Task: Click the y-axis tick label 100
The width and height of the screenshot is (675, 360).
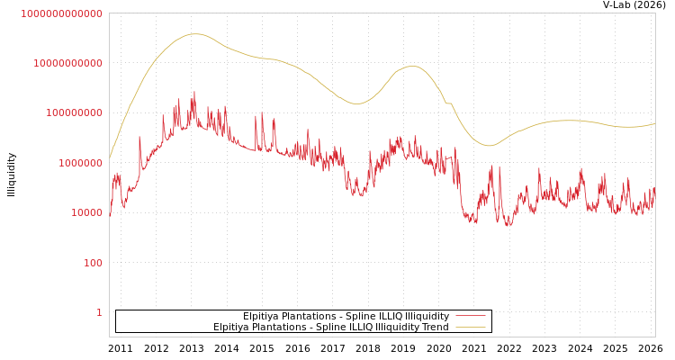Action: click(93, 263)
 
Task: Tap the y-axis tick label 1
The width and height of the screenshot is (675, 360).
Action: click(99, 312)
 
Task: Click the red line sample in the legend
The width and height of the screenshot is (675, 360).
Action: click(471, 316)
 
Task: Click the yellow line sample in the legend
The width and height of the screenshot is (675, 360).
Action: click(471, 327)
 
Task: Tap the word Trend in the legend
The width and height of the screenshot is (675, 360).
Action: click(435, 327)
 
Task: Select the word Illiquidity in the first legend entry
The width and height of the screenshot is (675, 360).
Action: click(427, 316)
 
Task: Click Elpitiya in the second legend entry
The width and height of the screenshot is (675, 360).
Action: click(233, 327)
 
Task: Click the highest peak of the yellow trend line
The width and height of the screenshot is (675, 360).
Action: click(194, 34)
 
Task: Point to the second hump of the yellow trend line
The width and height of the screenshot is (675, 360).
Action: click(411, 66)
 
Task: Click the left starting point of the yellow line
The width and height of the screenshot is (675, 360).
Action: click(110, 158)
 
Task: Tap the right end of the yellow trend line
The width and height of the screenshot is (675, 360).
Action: click(654, 123)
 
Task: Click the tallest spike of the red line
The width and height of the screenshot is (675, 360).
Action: click(193, 92)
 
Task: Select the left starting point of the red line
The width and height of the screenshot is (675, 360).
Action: click(110, 214)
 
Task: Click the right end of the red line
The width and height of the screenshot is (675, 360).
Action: click(654, 189)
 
